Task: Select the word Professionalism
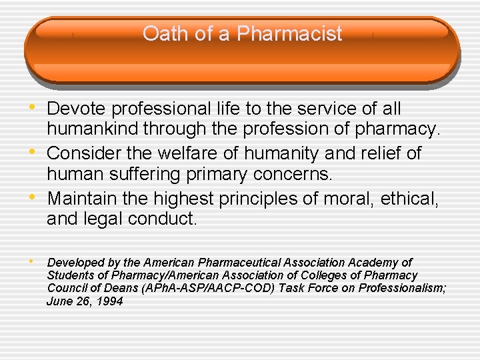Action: point(402,288)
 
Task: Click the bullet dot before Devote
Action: point(34,108)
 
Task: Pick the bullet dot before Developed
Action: point(34,262)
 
